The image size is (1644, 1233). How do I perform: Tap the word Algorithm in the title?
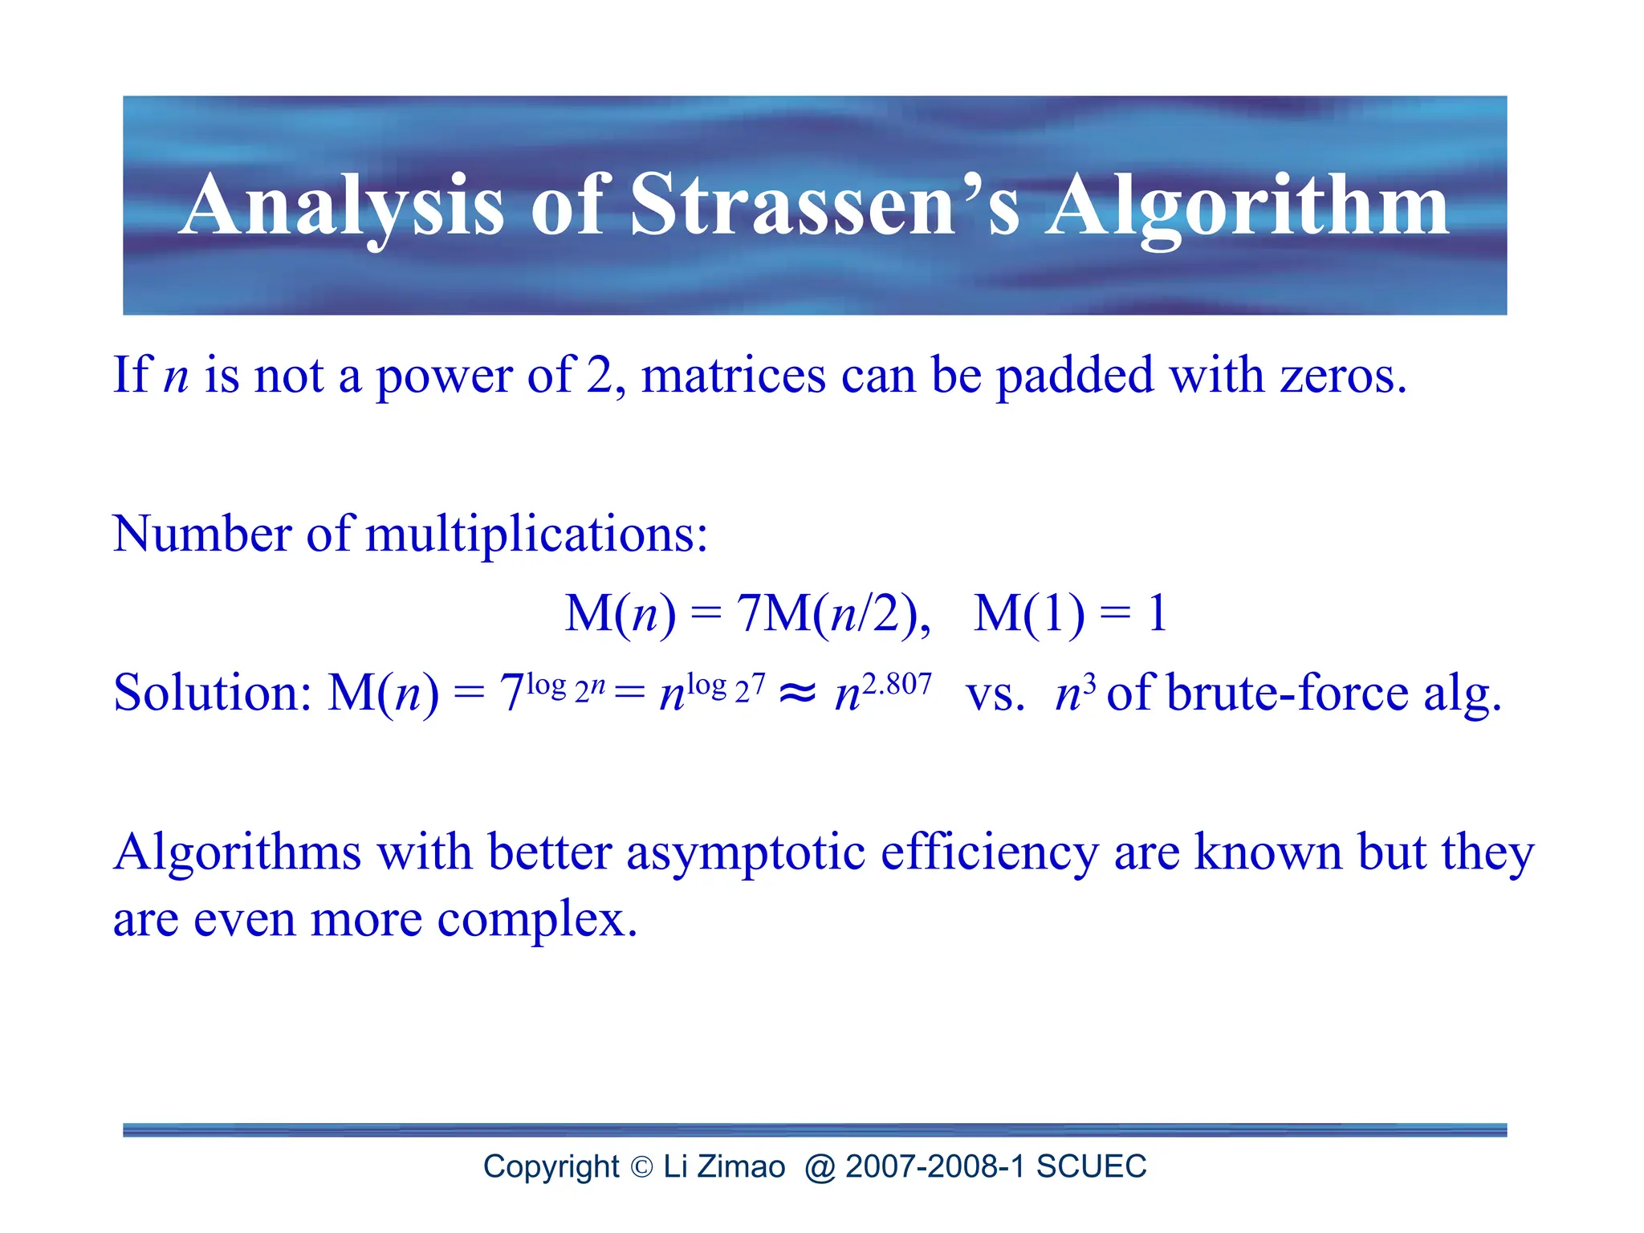pyautogui.click(x=1247, y=207)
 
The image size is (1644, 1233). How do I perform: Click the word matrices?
pyautogui.click(x=733, y=375)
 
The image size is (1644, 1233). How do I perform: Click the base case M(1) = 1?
pyautogui.click(x=1069, y=613)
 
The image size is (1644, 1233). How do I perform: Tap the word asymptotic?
pyautogui.click(x=746, y=853)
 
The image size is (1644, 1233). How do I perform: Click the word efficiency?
pyautogui.click(x=989, y=853)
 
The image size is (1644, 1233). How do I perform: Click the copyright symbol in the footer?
pyautogui.click(x=642, y=1167)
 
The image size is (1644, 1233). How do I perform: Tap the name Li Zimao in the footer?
pyautogui.click(x=724, y=1166)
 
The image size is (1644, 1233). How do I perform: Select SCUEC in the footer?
pyautogui.click(x=1091, y=1166)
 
